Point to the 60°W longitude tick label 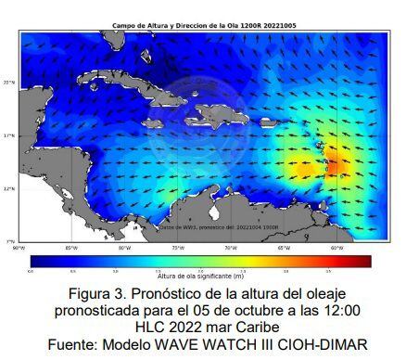336,248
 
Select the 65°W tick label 284,248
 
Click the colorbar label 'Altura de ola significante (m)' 201,276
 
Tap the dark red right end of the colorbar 366,261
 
